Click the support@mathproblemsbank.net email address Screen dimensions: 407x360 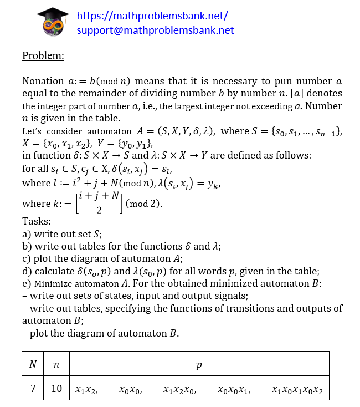click(x=155, y=30)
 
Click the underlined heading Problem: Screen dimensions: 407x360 click(x=43, y=55)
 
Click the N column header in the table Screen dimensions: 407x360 click(x=33, y=364)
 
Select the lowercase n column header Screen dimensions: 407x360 click(x=56, y=364)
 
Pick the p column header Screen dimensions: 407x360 click(x=199, y=364)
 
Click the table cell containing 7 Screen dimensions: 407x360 click(x=33, y=389)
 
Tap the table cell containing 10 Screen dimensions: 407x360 click(x=56, y=389)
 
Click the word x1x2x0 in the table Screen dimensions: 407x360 click(x=179, y=389)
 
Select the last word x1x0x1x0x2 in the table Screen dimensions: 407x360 click(x=297, y=389)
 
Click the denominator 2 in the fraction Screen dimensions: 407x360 click(x=99, y=211)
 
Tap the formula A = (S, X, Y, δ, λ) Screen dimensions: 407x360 click(x=177, y=131)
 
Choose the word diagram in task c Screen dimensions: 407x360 click(x=83, y=259)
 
